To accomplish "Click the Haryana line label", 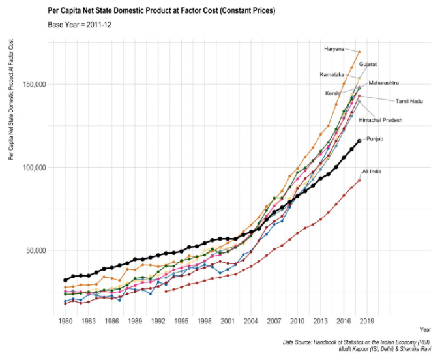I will (x=334, y=49).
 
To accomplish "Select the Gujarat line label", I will (x=368, y=64).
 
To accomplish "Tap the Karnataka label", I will (x=331, y=74).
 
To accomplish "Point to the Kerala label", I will (x=332, y=93).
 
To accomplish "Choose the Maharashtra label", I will (x=383, y=83).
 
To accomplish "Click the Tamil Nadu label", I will (x=409, y=101).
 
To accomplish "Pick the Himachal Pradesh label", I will (x=381, y=120).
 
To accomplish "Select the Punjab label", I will (x=375, y=139).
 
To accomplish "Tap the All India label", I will (x=372, y=171).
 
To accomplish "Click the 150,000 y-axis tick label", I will (x=31, y=84).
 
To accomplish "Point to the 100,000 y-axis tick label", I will (x=31, y=167).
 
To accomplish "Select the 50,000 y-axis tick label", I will (x=33, y=250).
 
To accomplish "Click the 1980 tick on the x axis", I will (x=65, y=321).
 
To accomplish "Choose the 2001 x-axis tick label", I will (x=227, y=321).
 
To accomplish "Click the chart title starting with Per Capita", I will (x=162, y=11).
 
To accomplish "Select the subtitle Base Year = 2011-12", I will (x=84, y=25).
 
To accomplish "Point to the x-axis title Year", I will (x=425, y=329).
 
